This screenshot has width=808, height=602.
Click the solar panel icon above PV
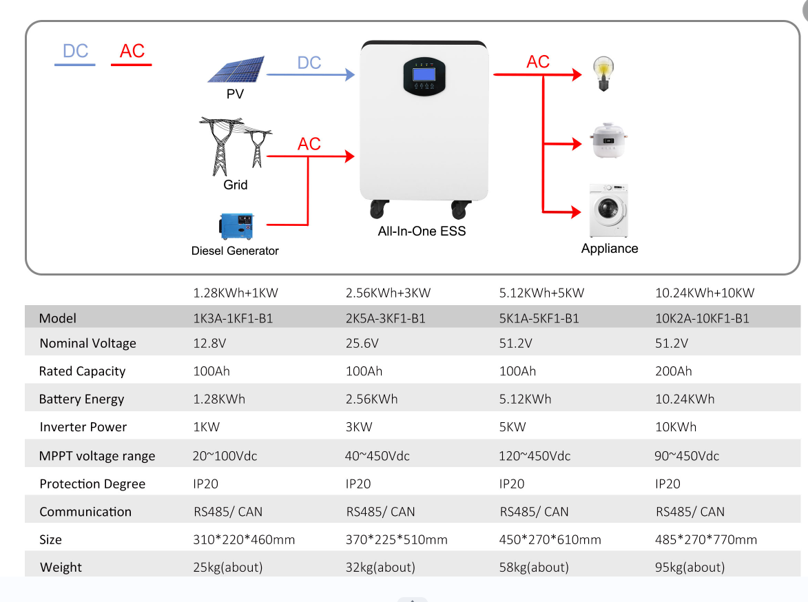[x=236, y=70]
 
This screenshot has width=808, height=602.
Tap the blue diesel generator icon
[x=236, y=226]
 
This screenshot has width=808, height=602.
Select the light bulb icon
[x=603, y=74]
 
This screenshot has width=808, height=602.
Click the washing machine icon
[x=608, y=210]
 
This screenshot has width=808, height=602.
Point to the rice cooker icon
[x=608, y=141]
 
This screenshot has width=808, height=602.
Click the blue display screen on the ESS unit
[x=424, y=75]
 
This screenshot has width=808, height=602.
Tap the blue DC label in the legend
[x=75, y=51]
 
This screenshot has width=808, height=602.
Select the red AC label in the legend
[x=132, y=51]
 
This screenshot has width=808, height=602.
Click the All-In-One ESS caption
[x=422, y=231]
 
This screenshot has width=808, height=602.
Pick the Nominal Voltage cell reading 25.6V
[x=362, y=343]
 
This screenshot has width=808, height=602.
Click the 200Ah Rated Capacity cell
[x=674, y=371]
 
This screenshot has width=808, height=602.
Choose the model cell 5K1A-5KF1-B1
[x=539, y=318]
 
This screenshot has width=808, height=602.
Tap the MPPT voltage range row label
[x=97, y=456]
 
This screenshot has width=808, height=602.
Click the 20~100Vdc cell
[x=225, y=456]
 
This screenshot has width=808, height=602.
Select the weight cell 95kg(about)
[x=690, y=568]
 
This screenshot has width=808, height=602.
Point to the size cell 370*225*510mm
[x=396, y=539]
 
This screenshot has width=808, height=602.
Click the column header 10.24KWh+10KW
[x=705, y=293]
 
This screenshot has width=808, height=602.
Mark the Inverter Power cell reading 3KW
[x=359, y=427]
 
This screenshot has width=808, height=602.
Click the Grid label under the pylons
[x=235, y=185]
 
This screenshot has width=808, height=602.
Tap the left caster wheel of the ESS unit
[x=379, y=208]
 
